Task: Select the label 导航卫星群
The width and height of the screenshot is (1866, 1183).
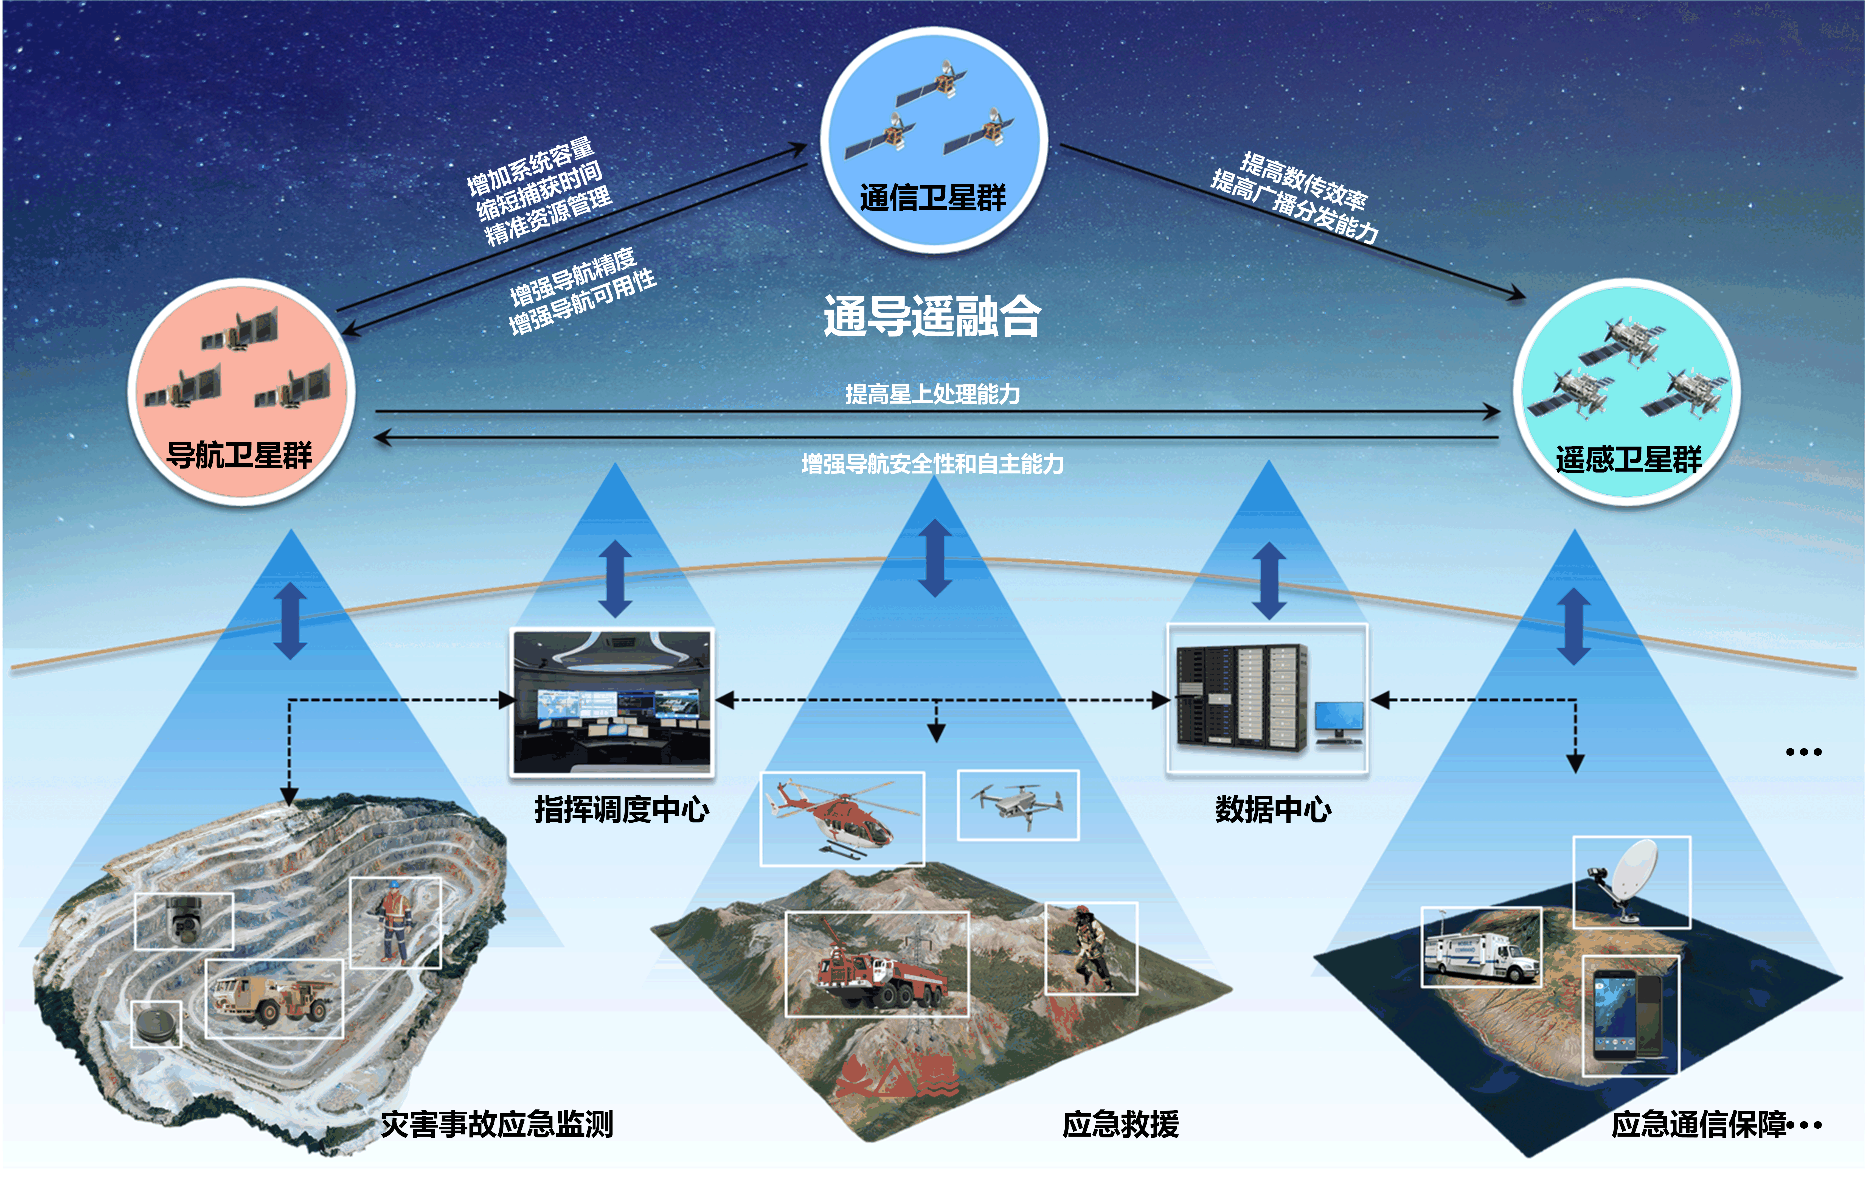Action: [240, 455]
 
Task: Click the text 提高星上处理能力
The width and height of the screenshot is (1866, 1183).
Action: [932, 394]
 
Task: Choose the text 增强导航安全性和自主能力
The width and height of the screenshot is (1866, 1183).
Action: [932, 464]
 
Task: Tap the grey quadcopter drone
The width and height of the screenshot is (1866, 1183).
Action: [1018, 804]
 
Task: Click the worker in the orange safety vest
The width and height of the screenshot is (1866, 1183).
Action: [394, 923]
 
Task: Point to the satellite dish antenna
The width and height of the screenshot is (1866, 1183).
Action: [1631, 880]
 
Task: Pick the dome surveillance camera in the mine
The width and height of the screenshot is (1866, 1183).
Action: [184, 920]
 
